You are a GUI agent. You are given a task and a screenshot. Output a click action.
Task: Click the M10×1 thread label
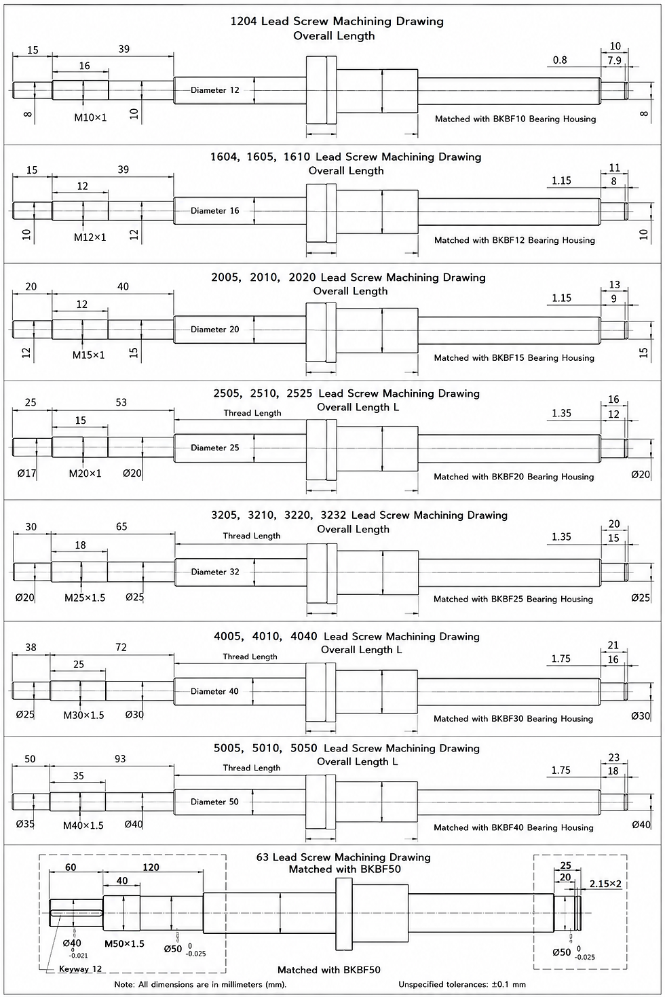(90, 118)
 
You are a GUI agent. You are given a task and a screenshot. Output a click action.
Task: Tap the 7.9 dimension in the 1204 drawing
(615, 60)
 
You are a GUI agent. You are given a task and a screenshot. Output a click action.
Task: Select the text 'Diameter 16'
(214, 210)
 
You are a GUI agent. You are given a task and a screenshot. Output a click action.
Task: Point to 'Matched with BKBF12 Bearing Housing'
(514, 240)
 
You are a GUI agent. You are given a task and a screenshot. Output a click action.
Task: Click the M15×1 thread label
(89, 355)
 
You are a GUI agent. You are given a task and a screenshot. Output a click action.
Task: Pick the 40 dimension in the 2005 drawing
(123, 287)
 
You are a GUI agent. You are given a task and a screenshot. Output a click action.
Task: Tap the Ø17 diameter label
(26, 473)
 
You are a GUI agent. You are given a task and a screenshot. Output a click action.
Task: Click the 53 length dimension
(121, 403)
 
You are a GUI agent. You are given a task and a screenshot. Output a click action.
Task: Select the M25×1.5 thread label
(85, 598)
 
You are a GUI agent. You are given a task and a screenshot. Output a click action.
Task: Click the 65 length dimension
(121, 526)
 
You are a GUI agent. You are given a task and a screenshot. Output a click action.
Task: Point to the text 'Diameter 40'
(214, 691)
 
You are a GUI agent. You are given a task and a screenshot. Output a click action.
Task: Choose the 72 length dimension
(121, 647)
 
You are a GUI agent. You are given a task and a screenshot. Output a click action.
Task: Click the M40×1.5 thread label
(83, 825)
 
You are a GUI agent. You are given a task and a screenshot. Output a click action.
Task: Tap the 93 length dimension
(120, 759)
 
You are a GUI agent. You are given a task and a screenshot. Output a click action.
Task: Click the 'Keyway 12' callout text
(81, 969)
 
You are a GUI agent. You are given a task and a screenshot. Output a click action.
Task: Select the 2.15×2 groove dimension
(605, 884)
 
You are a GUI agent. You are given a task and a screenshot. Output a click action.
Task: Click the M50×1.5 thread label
(124, 943)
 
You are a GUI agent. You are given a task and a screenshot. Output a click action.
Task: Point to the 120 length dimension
(151, 867)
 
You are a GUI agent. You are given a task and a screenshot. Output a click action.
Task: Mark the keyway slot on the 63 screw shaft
(77, 914)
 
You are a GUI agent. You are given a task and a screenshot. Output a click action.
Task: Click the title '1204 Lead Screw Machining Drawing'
(337, 22)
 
